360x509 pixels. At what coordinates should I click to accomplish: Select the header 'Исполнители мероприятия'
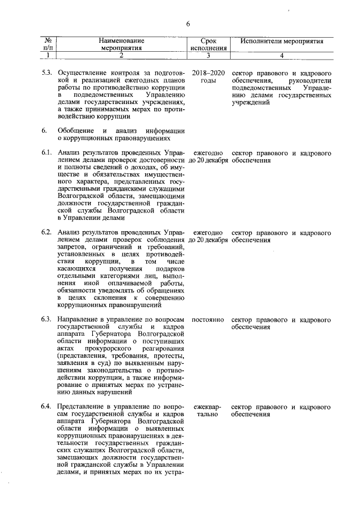click(x=282, y=41)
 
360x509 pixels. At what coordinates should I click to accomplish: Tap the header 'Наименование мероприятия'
click(x=121, y=44)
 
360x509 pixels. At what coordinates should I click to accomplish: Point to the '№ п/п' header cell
click(x=48, y=44)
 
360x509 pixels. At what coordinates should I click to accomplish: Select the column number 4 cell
click(x=282, y=55)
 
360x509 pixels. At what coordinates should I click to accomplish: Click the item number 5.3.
click(x=47, y=74)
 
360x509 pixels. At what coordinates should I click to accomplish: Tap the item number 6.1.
click(x=47, y=153)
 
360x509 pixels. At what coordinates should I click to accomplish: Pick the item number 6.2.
click(x=47, y=232)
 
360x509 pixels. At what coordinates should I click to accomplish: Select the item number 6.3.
click(x=47, y=319)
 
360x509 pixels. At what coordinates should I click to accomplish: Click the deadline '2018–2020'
click(x=208, y=74)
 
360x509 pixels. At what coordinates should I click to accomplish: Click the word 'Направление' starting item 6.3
click(x=79, y=319)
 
